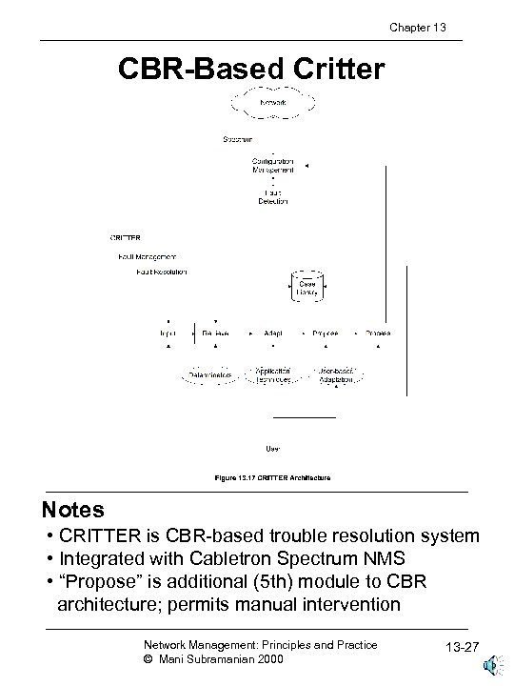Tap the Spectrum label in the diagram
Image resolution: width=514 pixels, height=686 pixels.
coord(237,140)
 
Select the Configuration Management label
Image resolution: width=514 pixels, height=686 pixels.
coord(273,166)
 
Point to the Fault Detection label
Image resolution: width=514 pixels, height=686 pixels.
coord(273,196)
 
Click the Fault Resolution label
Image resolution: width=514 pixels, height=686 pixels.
coord(163,272)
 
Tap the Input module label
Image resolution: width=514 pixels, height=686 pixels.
coord(168,333)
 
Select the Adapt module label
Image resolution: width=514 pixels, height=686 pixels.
coord(272,333)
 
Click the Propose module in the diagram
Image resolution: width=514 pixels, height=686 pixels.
coord(326,333)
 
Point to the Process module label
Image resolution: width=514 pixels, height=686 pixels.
coord(378,333)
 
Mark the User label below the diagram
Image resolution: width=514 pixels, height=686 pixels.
coord(272,448)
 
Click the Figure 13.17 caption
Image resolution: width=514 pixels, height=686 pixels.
coord(271,476)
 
